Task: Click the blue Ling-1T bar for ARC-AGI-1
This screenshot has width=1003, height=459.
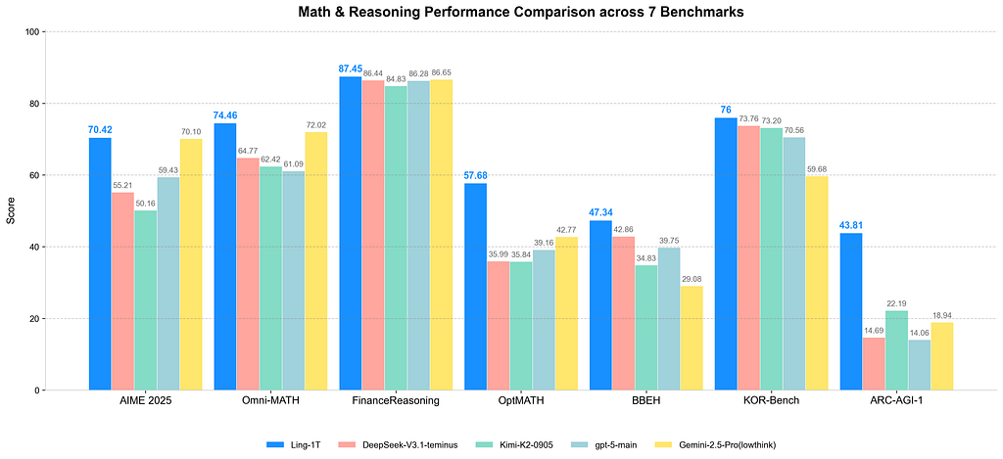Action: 851,311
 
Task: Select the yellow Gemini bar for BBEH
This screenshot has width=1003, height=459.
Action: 692,338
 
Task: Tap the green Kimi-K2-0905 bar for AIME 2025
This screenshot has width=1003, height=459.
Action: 145,299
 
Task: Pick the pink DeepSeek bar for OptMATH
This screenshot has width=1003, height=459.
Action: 499,325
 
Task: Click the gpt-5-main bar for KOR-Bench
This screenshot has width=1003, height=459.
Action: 793,263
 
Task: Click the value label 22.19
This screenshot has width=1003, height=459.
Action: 896,303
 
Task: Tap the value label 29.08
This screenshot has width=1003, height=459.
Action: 692,279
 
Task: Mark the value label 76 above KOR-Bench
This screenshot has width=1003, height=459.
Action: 726,110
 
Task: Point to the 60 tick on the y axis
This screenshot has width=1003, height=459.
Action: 34,175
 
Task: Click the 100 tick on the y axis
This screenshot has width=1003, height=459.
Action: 32,32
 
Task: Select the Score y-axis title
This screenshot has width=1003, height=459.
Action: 11,211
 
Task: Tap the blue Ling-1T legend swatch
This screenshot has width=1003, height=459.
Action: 274,445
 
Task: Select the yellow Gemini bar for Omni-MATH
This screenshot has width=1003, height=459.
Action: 316,261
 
